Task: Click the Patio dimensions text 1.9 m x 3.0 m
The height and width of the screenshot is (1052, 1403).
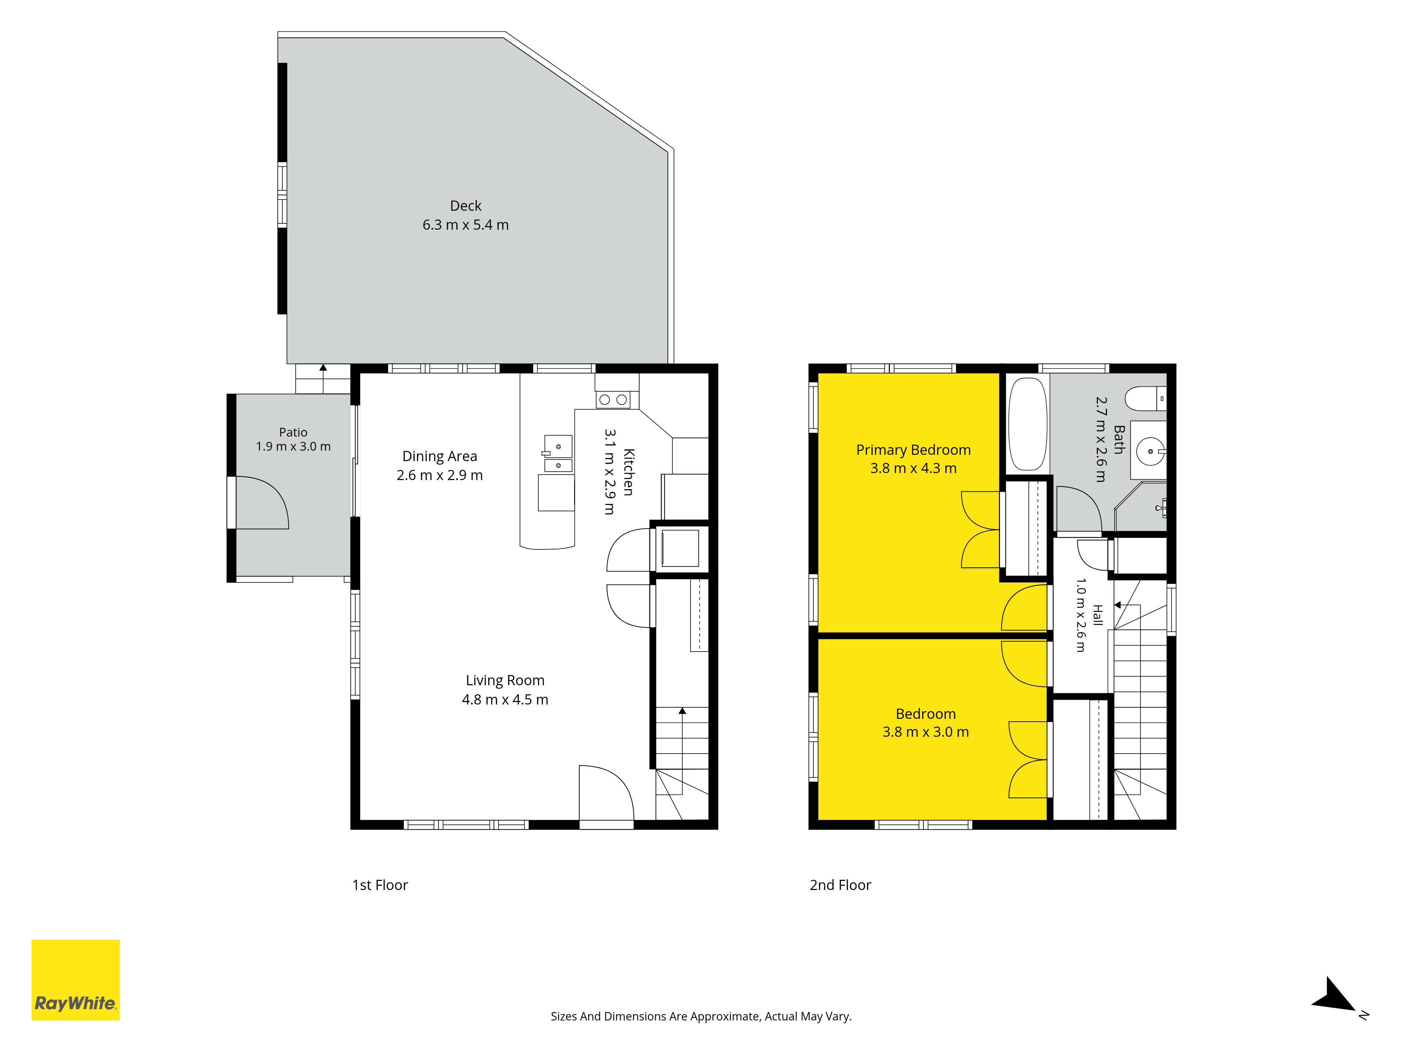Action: tap(293, 446)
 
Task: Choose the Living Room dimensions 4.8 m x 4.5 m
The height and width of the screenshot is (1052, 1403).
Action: tap(505, 700)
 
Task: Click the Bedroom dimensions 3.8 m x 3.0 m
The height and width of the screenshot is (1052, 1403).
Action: tap(925, 732)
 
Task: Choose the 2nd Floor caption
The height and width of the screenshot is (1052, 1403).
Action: tap(840, 885)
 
